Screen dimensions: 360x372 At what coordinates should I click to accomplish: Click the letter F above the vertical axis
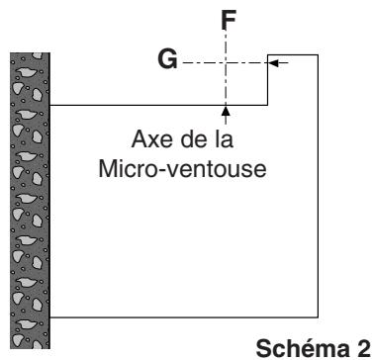(227, 17)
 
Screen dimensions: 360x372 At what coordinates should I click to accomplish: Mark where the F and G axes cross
(227, 62)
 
